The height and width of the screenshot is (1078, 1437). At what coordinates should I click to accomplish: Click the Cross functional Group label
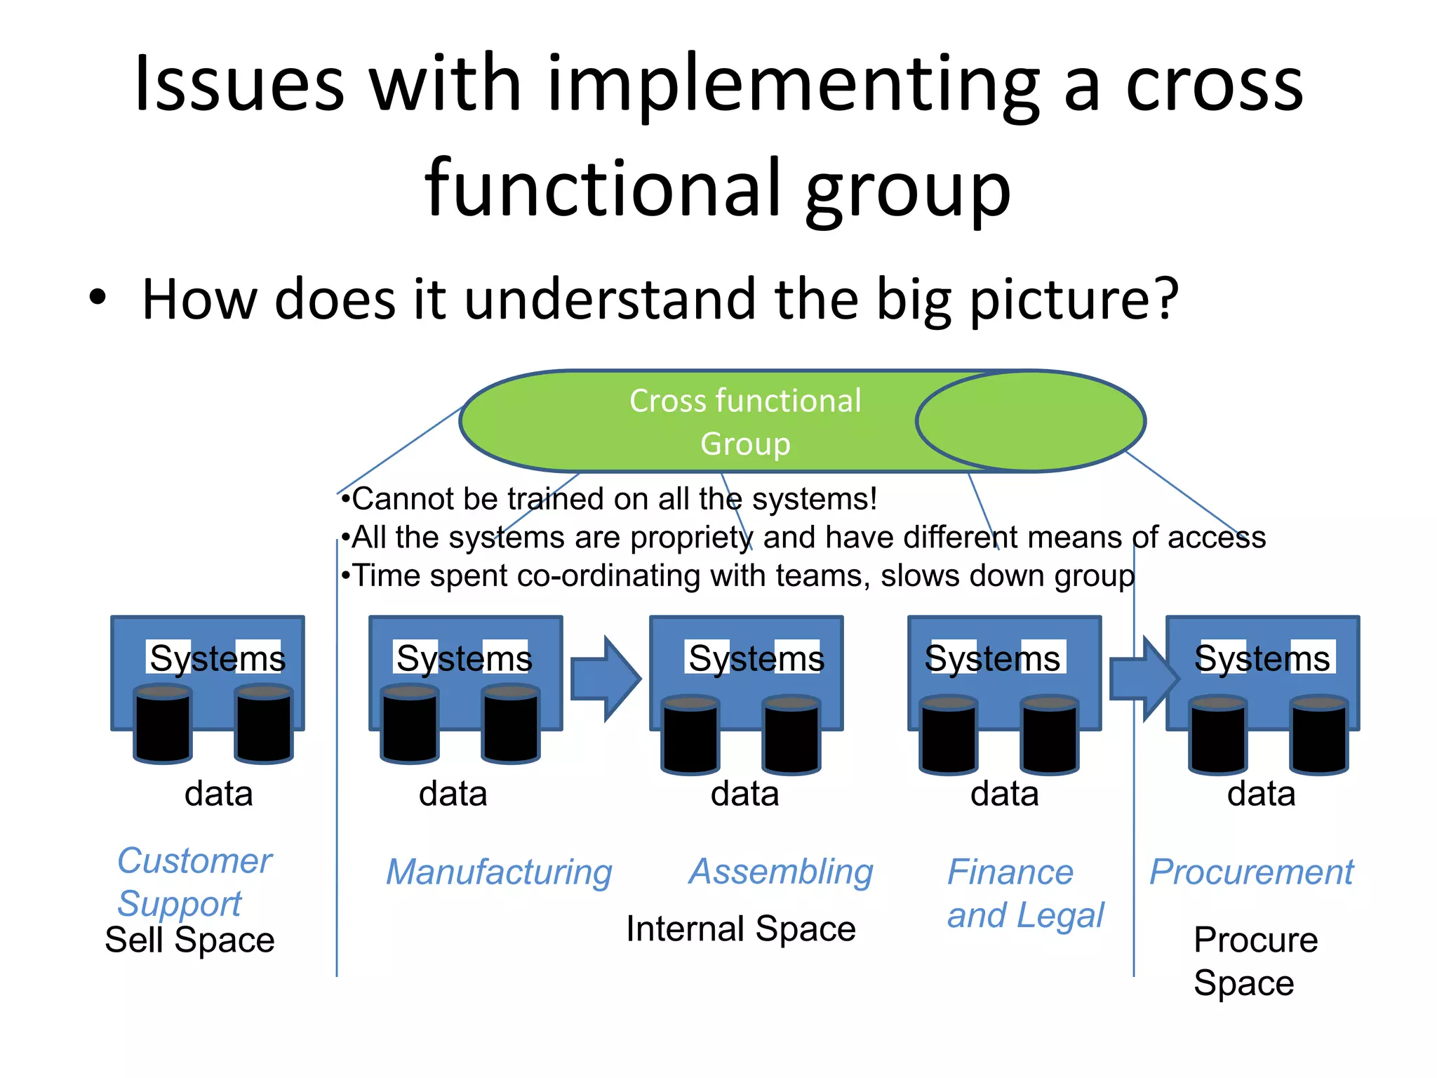click(744, 422)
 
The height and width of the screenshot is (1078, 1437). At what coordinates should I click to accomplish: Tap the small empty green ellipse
click(1030, 421)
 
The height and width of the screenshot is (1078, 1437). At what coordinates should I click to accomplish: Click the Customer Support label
click(194, 881)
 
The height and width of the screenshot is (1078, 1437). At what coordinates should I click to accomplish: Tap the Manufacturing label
click(499, 872)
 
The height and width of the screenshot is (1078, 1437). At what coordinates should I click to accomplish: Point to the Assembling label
click(781, 872)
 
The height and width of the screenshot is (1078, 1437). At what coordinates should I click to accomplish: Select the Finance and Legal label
click(1024, 893)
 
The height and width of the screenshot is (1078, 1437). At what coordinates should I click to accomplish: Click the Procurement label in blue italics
click(1251, 872)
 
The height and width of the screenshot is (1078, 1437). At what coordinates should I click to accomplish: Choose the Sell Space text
click(189, 940)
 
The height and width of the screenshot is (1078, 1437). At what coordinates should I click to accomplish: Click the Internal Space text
click(741, 929)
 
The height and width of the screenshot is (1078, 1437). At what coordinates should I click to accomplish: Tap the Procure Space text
click(1255, 961)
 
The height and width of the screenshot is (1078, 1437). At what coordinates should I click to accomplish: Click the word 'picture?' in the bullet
click(1074, 300)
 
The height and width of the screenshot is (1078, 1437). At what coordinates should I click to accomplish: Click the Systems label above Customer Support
click(217, 658)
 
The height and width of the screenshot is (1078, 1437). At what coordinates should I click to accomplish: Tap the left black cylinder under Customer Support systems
click(163, 724)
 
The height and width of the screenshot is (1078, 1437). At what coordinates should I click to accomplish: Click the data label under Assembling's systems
click(744, 794)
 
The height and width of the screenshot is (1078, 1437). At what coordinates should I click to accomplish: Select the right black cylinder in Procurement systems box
click(1319, 734)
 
